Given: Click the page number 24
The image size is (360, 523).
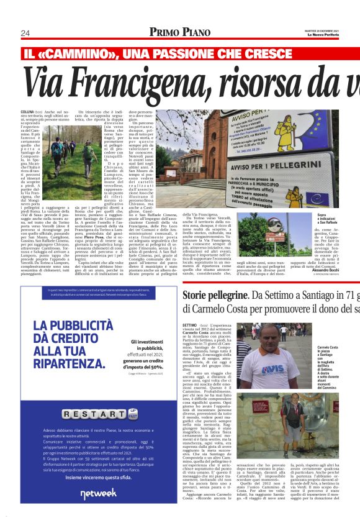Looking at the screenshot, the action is coord(25,33).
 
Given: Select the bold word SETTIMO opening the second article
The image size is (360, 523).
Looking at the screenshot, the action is coord(190,325).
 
